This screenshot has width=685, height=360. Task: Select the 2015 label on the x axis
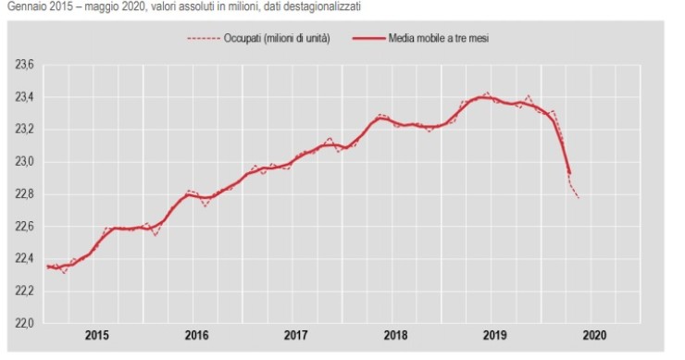click(x=95, y=336)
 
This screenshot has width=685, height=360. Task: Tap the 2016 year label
click(x=195, y=336)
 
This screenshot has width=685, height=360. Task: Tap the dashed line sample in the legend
click(x=202, y=37)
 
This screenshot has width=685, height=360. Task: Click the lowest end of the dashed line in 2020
click(x=579, y=197)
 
